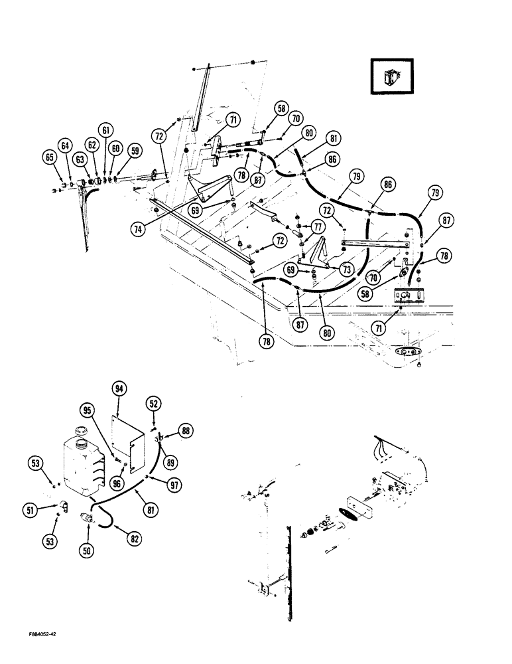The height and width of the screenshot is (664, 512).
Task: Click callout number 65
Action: point(48,158)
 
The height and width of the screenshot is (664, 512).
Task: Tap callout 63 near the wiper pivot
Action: point(80,159)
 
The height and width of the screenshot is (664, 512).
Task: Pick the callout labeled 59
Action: point(135,151)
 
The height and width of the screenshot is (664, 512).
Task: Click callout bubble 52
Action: point(153,403)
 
